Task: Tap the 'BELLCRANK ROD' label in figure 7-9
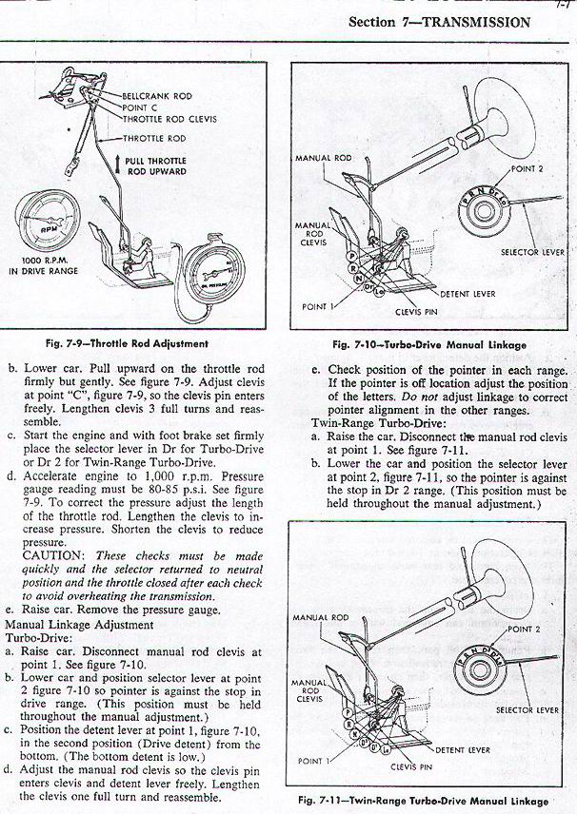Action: click(x=157, y=97)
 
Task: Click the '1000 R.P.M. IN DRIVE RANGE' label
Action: click(x=48, y=266)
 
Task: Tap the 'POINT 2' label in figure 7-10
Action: click(x=526, y=168)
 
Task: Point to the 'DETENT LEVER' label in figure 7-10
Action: click(x=468, y=295)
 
